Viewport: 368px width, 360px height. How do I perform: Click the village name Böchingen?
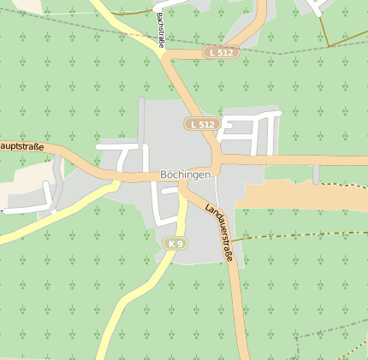point(186,174)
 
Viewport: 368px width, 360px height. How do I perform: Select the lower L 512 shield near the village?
point(204,124)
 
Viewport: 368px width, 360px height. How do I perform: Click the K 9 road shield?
point(175,244)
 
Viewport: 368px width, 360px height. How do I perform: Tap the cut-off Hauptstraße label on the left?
point(21,146)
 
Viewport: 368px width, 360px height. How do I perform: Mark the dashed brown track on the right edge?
point(342,185)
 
